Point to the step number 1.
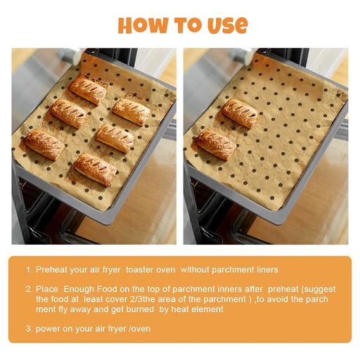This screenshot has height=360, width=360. click(28, 269)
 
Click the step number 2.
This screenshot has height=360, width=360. click(28, 289)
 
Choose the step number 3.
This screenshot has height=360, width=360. click(28, 328)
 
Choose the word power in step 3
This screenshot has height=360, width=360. click(48, 328)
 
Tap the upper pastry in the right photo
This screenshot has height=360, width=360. click(240, 113)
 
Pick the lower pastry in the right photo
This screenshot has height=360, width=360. click(216, 144)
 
